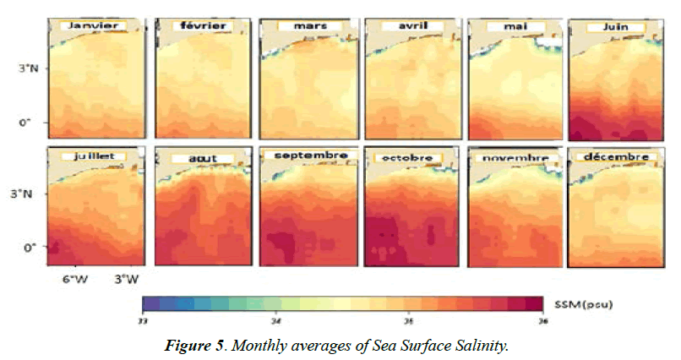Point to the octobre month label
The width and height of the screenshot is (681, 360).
(406, 157)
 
